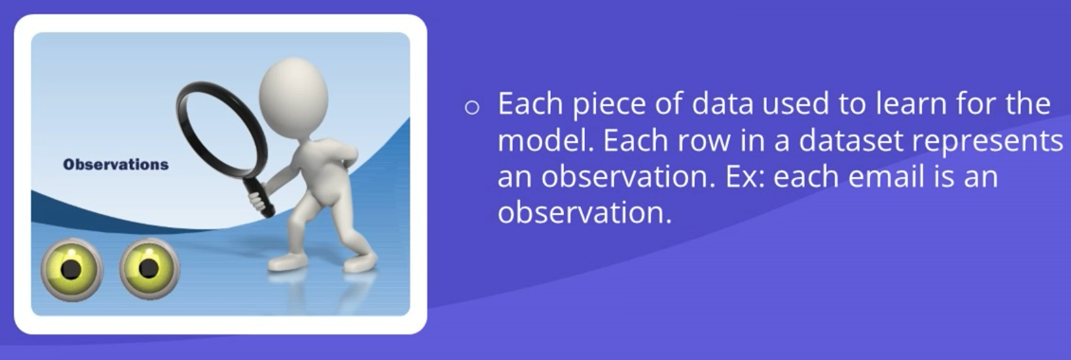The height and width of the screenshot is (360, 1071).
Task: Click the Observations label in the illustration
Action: pyautogui.click(x=116, y=165)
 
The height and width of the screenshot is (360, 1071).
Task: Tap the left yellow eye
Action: pyautogui.click(x=71, y=269)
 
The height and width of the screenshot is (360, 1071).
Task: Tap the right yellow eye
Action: pyautogui.click(x=150, y=268)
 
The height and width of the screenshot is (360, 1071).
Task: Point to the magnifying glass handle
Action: pyautogui.click(x=258, y=191)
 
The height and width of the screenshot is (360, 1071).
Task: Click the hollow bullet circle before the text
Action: pyautogui.click(x=472, y=107)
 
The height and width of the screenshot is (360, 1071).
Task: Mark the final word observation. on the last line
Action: pyautogui.click(x=586, y=213)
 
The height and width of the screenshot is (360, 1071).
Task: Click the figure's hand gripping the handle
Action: pyautogui.click(x=257, y=200)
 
